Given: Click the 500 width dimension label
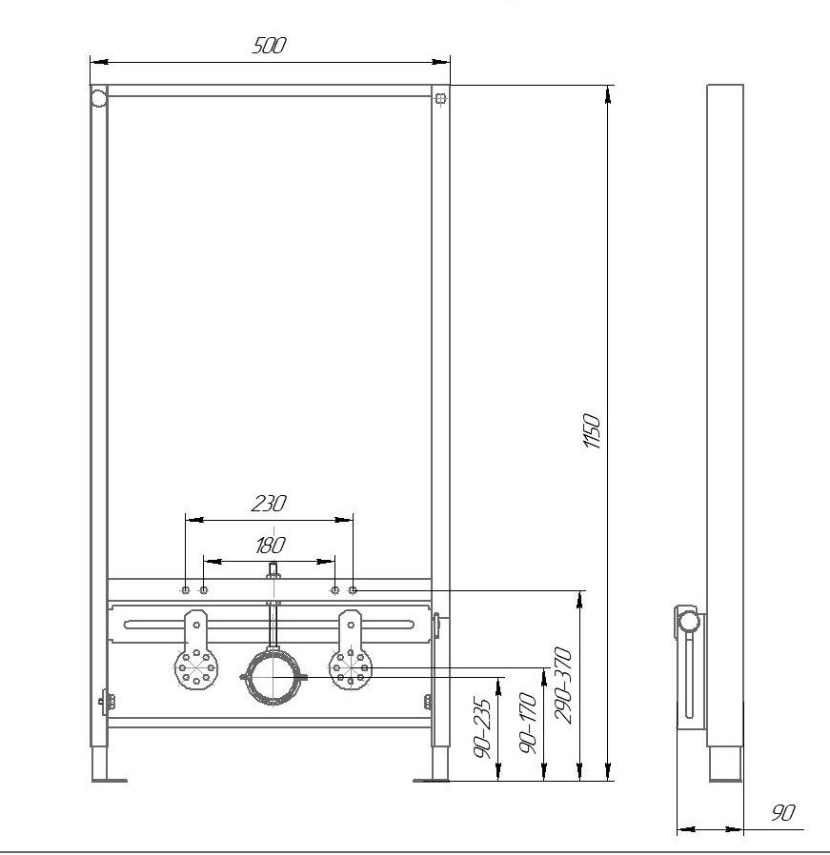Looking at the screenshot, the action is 269,46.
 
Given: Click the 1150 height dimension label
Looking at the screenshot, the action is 592,430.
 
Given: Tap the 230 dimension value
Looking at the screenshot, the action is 269,504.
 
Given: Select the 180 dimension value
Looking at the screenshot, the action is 270,545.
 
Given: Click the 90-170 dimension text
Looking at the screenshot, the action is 528,723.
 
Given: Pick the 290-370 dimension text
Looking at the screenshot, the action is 562,686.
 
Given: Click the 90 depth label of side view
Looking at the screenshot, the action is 782,812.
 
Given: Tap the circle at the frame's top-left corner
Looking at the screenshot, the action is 99,99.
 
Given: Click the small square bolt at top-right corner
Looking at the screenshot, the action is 441,99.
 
